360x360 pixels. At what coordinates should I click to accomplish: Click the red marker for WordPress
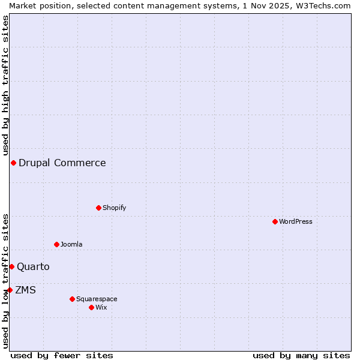click(x=275, y=221)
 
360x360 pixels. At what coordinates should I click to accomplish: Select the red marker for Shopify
click(x=98, y=208)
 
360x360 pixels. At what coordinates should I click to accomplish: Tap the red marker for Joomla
click(x=56, y=244)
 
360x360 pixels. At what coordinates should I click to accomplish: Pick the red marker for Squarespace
click(x=72, y=299)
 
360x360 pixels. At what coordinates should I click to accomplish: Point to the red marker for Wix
click(x=91, y=307)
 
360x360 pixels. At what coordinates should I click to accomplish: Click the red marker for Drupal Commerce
click(x=13, y=163)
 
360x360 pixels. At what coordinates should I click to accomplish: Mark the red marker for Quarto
click(x=11, y=266)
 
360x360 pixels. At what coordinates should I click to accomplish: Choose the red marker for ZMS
click(x=10, y=290)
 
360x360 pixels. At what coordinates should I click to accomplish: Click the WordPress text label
click(x=296, y=221)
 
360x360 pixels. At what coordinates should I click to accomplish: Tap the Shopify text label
click(x=114, y=208)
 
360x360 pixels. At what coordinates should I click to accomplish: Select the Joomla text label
click(x=71, y=244)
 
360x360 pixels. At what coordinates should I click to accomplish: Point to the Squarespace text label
click(x=97, y=299)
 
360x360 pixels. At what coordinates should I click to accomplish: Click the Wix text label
click(x=101, y=307)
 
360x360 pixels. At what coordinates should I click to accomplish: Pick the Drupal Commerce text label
click(x=62, y=163)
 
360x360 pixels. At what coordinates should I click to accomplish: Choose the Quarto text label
click(x=33, y=266)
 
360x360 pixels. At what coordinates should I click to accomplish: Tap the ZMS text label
click(x=25, y=290)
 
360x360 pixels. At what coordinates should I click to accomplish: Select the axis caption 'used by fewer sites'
click(x=62, y=355)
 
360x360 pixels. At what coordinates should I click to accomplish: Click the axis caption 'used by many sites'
click(x=301, y=355)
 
